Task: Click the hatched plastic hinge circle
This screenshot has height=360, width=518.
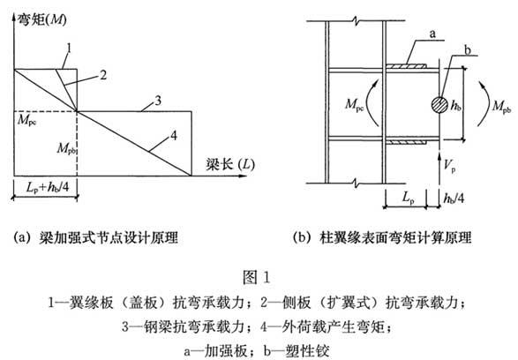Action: (439, 105)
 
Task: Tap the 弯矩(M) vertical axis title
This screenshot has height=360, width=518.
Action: (42, 19)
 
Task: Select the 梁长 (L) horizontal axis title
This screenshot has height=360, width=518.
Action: (230, 164)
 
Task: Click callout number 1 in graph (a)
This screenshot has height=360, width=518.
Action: (70, 49)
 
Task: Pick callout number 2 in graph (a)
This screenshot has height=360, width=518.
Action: (103, 75)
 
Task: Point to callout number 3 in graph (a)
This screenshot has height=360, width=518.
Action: (158, 101)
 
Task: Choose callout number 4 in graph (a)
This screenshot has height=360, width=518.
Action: (174, 135)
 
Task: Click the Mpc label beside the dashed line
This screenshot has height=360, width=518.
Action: (27, 120)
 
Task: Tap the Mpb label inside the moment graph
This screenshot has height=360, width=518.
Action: (66, 148)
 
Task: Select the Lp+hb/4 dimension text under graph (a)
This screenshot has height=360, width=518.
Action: (48, 187)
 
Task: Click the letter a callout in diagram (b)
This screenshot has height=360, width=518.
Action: (432, 34)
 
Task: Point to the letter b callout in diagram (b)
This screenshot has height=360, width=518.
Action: (467, 50)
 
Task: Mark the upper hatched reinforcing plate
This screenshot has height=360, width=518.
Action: (406, 66)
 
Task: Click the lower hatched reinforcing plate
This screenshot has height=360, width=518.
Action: (406, 143)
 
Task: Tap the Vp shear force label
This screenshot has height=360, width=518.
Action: (450, 166)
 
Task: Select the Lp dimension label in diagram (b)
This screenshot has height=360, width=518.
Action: (409, 198)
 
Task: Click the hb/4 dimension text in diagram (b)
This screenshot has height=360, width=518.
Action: (454, 199)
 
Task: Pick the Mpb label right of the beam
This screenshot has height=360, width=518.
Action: (502, 107)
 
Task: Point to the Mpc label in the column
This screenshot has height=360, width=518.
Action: (355, 105)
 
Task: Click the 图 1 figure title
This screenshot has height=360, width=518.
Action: (257, 277)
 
